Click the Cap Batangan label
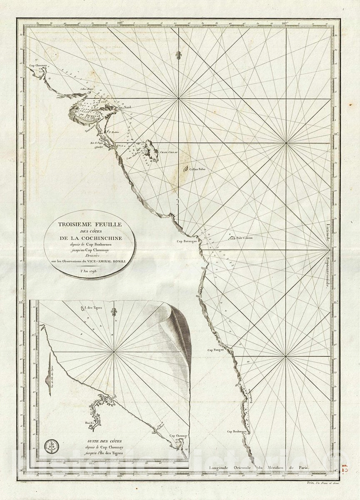186,241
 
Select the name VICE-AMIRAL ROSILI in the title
110,261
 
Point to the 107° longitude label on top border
285,23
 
